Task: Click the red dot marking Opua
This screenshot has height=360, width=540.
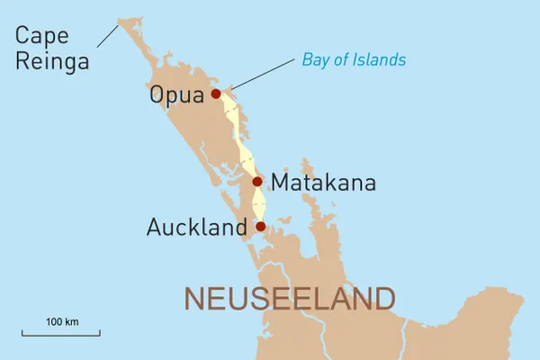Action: (x=216, y=93)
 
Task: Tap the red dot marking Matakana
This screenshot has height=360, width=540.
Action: (x=257, y=181)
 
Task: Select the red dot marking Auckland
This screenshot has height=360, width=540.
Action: (x=260, y=226)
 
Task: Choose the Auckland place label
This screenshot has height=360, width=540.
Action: (x=196, y=228)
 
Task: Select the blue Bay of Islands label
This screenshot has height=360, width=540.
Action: (x=354, y=60)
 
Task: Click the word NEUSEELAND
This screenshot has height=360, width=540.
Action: (x=289, y=298)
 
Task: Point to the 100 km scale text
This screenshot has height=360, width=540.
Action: (x=61, y=321)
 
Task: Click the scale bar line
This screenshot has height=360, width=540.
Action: (x=61, y=334)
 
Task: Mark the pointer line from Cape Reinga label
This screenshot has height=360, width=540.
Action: (x=108, y=34)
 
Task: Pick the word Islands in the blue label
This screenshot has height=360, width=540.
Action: (x=382, y=60)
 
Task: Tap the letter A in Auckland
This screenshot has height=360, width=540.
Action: (x=155, y=228)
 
